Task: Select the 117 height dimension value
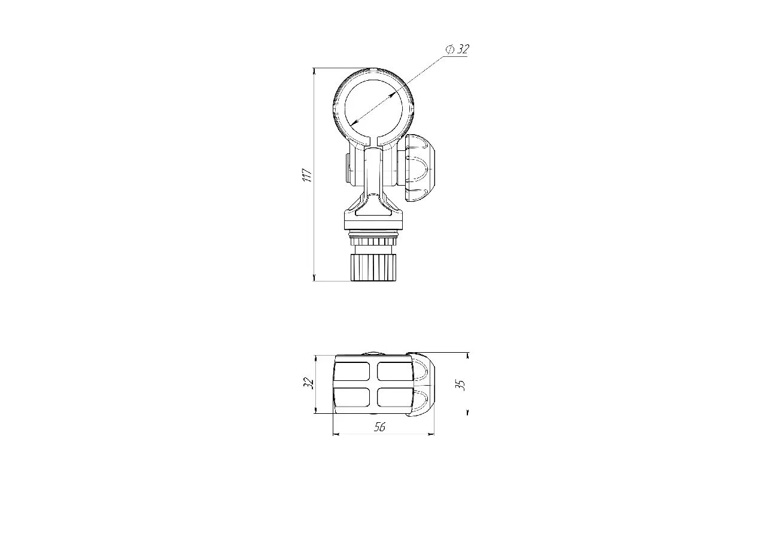308,175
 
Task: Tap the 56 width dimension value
379,426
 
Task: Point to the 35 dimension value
461,385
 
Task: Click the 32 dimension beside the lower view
308,383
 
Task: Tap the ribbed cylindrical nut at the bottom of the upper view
374,267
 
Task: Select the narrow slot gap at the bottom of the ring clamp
374,140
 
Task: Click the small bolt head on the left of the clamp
347,169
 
